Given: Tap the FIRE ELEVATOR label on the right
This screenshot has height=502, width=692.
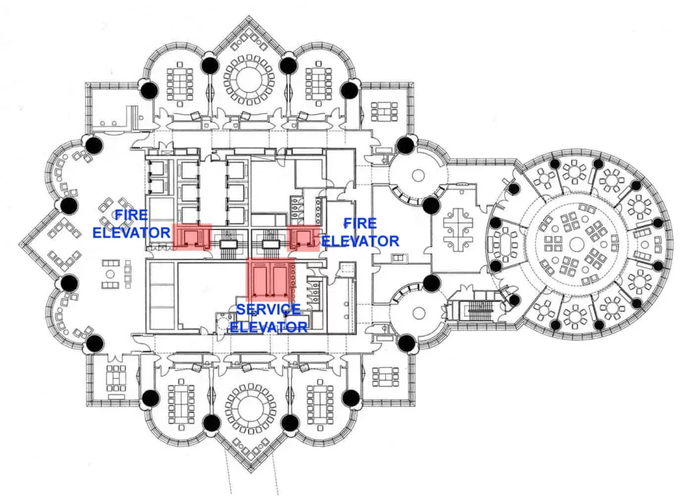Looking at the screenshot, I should [x=360, y=231].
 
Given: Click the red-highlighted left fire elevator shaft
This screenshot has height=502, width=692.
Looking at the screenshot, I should [x=192, y=236].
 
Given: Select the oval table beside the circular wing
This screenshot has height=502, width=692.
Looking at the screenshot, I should [x=505, y=242].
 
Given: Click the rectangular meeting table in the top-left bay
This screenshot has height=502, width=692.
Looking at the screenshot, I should [x=180, y=82].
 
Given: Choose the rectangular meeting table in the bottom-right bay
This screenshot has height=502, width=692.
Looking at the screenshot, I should [x=318, y=403].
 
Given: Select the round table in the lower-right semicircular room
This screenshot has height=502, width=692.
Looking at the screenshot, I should [x=419, y=314].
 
